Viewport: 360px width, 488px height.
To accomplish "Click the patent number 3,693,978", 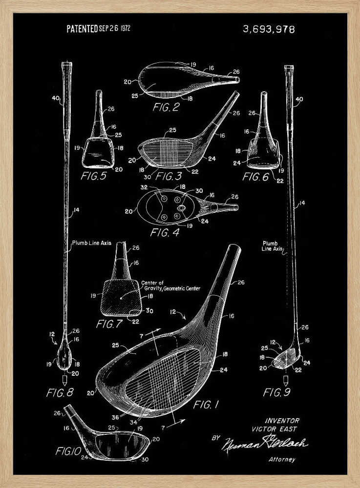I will [269, 29].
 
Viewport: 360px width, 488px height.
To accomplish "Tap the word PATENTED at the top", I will [82, 29].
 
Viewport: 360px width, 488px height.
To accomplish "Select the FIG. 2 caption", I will [166, 107].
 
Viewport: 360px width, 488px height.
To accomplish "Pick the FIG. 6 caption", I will [255, 177].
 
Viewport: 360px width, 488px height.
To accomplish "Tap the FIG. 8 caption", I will [60, 392].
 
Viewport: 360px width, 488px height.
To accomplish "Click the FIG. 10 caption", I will [64, 451].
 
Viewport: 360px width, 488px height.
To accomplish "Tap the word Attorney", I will [282, 459].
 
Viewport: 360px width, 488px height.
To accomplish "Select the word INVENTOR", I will [282, 420].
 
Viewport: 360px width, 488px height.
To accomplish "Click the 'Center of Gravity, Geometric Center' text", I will [170, 285].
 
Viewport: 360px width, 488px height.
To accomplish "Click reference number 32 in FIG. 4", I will [145, 186].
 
